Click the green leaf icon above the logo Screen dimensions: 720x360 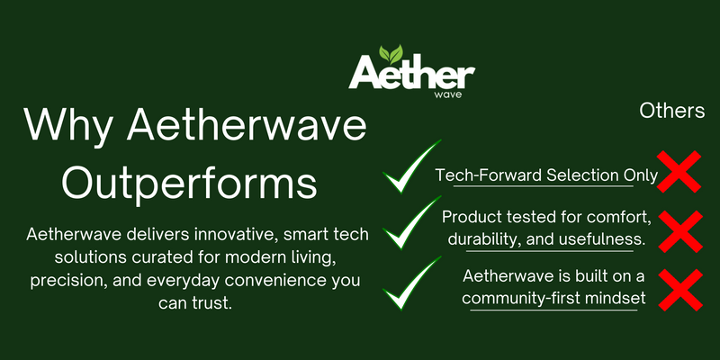tap(391, 54)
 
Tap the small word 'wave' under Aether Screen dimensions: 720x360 tap(446, 95)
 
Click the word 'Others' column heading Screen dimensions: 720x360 tap(672, 111)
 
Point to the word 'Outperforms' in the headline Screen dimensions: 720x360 tap(190, 184)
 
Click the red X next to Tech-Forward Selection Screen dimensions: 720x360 tap(679, 171)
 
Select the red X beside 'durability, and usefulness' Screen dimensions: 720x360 tap(680, 231)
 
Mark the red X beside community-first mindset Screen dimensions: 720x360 tap(680, 290)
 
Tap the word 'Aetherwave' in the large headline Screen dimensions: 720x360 tap(247, 125)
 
